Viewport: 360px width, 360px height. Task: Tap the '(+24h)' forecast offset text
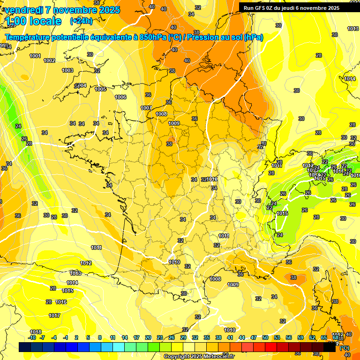pos(81,21)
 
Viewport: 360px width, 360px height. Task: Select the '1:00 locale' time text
pos(33,21)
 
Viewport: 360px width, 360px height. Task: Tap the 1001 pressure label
pos(35,56)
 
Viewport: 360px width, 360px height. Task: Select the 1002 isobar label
pos(49,60)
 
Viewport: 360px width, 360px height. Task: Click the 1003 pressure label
pos(67,70)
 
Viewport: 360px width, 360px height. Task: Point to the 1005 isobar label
pos(100,89)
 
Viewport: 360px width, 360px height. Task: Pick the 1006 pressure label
pos(120,97)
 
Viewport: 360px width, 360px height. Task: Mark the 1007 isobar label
pos(146,108)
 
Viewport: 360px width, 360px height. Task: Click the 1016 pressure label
pos(61,302)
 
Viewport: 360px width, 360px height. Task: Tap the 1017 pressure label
pos(54,315)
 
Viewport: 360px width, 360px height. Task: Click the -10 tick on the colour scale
pos(32,337)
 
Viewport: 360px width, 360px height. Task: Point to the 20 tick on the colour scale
pos(148,337)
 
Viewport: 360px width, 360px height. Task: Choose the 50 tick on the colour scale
pos(265,337)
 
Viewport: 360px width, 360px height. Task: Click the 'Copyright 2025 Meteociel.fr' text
pos(199,356)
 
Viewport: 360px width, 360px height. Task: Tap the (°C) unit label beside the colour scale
pos(344,348)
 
